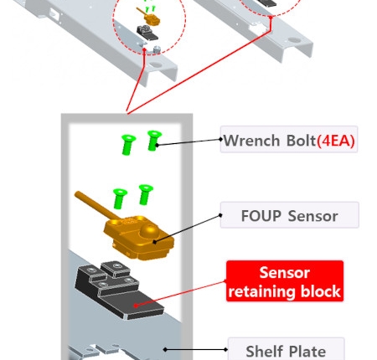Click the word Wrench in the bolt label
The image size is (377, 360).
(252, 141)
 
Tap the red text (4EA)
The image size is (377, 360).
(336, 141)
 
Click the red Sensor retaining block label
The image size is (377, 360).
(285, 281)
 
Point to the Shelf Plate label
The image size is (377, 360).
(287, 350)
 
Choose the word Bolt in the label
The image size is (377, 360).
(301, 141)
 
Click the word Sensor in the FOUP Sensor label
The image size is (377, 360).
(312, 216)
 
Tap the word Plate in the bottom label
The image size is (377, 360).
(308, 352)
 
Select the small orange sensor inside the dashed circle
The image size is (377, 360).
(148, 17)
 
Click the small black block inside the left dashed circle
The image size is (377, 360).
(147, 33)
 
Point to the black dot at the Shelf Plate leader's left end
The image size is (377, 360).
(165, 349)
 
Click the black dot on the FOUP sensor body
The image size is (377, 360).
(154, 242)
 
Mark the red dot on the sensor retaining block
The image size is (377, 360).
(136, 306)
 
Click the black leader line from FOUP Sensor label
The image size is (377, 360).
(188, 229)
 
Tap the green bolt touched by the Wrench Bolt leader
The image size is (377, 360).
(153, 141)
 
